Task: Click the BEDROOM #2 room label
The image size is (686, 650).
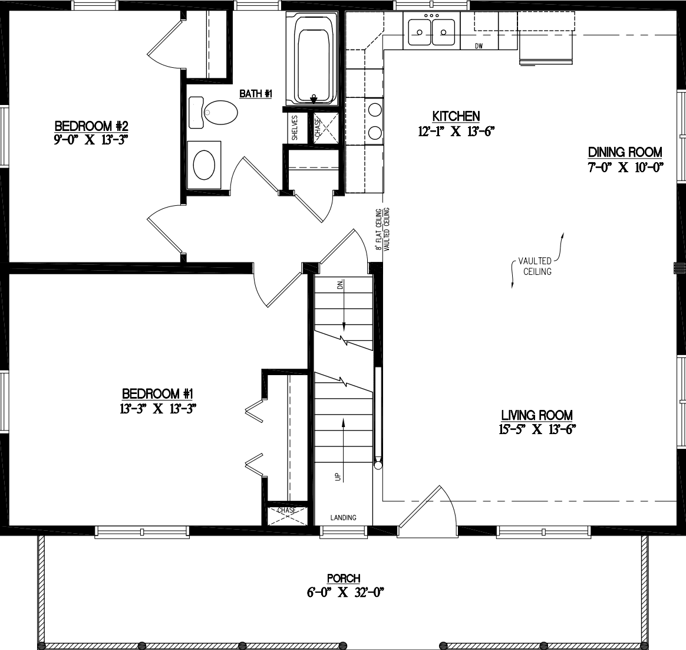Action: [x=91, y=126]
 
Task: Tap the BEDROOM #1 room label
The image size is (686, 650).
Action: [x=158, y=393]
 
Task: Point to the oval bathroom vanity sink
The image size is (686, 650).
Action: [x=205, y=165]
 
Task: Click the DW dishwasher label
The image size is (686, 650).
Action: [x=479, y=46]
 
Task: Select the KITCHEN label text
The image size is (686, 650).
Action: [x=456, y=116]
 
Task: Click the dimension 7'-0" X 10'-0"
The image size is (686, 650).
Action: [x=625, y=167]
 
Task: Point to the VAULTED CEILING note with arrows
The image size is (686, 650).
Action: [x=535, y=266]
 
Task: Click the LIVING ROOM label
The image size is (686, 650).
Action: [x=537, y=415]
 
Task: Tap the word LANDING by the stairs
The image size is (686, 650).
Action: [x=343, y=518]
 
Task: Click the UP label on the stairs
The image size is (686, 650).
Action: [x=338, y=477]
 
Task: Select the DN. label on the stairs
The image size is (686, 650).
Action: [x=340, y=285]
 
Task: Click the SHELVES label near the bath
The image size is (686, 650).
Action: [x=295, y=127]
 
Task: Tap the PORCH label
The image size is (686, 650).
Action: [x=344, y=579]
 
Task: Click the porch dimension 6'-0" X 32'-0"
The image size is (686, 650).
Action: [x=345, y=593]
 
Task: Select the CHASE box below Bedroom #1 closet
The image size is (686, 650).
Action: [x=287, y=514]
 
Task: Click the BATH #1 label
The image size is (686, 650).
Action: [x=255, y=93]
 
